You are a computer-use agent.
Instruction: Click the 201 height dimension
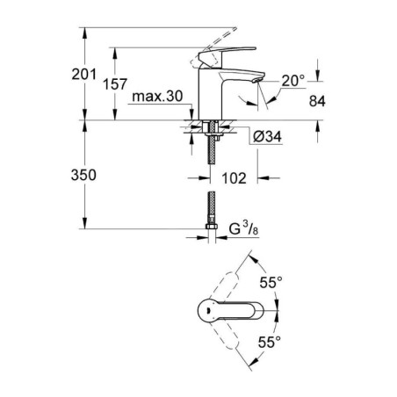(x=84, y=75)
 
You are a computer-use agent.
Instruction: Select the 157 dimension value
(x=115, y=84)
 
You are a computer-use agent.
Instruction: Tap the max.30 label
(x=157, y=96)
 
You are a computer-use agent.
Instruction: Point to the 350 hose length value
(x=83, y=175)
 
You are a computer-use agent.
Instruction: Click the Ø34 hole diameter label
(x=267, y=136)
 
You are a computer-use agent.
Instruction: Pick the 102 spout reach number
(x=234, y=178)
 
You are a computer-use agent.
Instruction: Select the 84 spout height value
(x=317, y=101)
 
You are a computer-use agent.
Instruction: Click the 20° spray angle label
(x=293, y=81)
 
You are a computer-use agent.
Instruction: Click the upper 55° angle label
(x=271, y=283)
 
